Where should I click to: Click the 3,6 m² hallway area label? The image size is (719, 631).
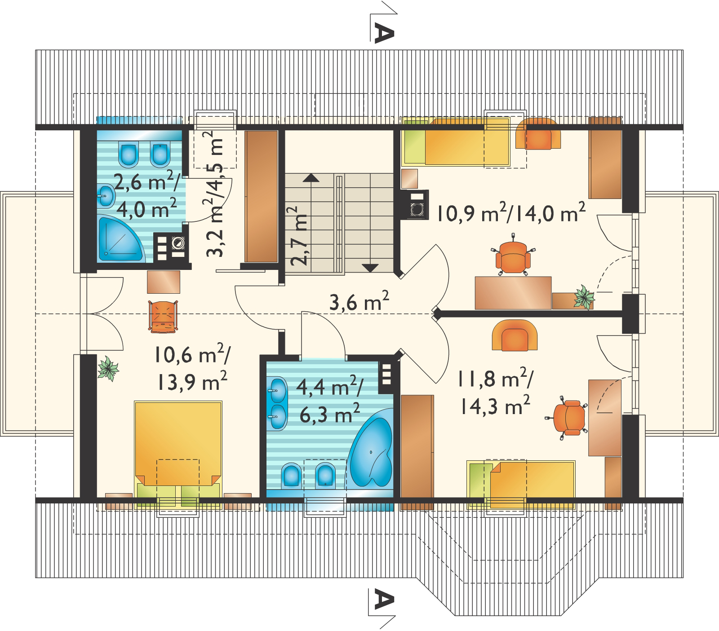click(x=359, y=301)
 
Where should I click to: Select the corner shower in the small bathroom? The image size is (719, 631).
click(x=120, y=239)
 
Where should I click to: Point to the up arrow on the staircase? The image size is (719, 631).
click(x=311, y=178)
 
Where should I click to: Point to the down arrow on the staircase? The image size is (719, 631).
click(x=370, y=268)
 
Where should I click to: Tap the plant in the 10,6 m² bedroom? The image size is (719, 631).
click(x=108, y=369)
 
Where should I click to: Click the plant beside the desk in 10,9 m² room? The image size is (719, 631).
click(x=584, y=297)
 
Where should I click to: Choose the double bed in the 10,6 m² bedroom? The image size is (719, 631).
click(x=178, y=454)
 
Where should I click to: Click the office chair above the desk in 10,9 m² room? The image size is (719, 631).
click(x=513, y=255)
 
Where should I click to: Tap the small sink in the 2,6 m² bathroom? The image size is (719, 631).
click(x=106, y=196)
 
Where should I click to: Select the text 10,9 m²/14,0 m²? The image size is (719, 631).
click(x=511, y=212)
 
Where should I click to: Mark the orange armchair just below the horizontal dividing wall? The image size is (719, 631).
click(x=515, y=335)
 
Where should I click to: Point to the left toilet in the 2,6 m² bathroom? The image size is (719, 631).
click(x=129, y=154)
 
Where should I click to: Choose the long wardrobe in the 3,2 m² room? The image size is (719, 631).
click(x=262, y=196)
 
